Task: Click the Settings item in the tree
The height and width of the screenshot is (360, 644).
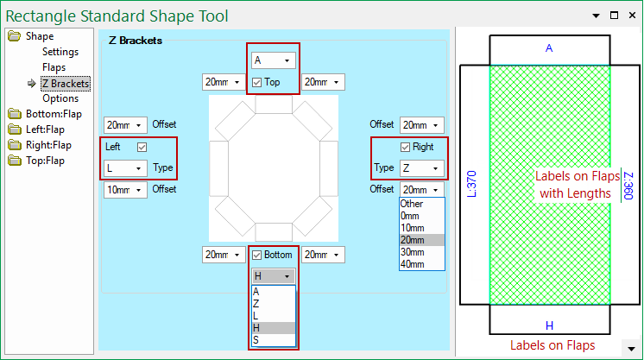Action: (x=60, y=52)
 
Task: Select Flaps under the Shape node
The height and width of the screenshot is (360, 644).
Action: (x=54, y=67)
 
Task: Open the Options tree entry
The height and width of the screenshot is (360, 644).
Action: (x=60, y=98)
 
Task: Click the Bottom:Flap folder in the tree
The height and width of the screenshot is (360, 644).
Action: (x=53, y=114)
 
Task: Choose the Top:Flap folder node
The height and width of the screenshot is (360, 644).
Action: (x=45, y=161)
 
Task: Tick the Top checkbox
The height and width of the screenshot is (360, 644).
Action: (x=258, y=83)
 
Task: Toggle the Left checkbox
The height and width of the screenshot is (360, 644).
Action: (x=142, y=147)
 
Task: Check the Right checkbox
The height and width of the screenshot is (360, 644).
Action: (x=405, y=147)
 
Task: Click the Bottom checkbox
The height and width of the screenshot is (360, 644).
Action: (x=258, y=255)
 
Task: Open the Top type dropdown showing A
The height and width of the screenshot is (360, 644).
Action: (x=273, y=60)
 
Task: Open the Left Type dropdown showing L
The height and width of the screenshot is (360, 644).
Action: (x=125, y=168)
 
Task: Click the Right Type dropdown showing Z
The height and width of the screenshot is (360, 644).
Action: (x=421, y=168)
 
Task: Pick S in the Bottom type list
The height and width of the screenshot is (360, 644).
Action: (x=256, y=340)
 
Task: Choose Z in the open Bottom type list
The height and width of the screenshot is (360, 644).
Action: (x=256, y=304)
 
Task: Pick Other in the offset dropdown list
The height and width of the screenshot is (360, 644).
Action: (x=413, y=204)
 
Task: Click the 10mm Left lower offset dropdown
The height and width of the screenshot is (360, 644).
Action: (x=125, y=190)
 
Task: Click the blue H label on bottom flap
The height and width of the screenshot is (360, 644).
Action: (x=549, y=325)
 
